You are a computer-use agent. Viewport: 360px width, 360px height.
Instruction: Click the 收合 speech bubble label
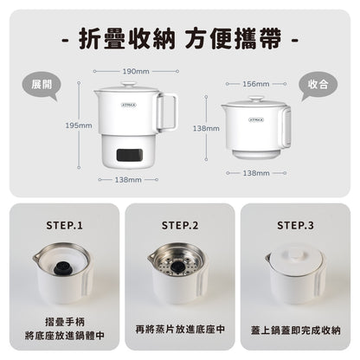[318, 85]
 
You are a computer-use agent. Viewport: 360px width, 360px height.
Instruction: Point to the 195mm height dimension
[78, 125]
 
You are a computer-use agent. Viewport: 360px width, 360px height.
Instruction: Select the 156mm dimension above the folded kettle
[255, 84]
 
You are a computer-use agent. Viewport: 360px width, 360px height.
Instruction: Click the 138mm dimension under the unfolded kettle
[128, 179]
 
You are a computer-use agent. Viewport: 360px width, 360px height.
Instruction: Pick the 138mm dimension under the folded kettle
[255, 173]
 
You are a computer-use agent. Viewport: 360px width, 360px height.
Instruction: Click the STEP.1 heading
[64, 226]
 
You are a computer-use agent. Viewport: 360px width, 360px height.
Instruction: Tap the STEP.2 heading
[179, 226]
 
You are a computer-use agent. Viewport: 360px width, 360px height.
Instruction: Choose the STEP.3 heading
[295, 226]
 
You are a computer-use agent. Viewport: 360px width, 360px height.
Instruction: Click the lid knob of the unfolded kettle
[128, 84]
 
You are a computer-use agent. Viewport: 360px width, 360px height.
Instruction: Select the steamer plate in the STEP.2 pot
[178, 260]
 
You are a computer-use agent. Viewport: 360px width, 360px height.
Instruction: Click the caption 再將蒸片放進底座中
[179, 330]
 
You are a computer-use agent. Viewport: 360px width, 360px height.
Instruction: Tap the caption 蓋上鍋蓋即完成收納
[295, 330]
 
